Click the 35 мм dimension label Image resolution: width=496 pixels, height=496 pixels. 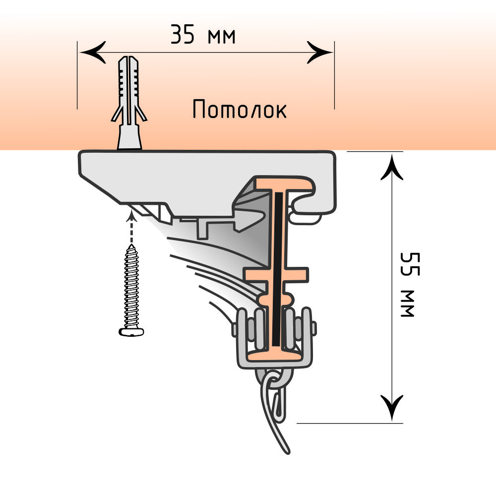click(203, 36)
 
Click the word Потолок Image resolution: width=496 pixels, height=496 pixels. click(240, 110)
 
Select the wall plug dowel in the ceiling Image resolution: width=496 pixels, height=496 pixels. click(128, 102)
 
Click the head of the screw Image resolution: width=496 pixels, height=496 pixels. click(131, 331)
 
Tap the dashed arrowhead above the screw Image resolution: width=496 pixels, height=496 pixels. click(131, 214)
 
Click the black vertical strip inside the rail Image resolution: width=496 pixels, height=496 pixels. click(278, 268)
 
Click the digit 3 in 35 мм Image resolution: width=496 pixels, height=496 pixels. click(177, 36)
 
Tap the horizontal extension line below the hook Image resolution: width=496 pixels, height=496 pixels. click(347, 423)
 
